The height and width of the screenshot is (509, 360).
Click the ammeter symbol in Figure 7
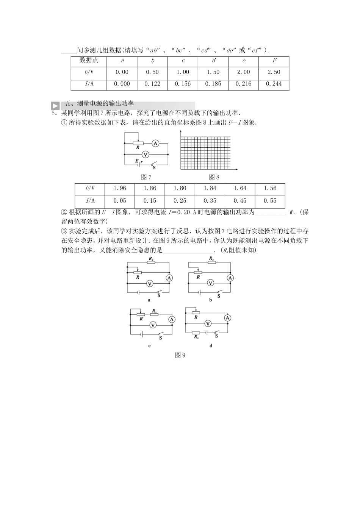(155, 143)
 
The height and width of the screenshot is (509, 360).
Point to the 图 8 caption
(214, 177)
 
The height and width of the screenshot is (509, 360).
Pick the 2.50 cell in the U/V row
(274, 72)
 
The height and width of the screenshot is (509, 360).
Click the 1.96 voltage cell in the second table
(120, 189)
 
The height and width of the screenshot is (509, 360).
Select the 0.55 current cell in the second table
(270, 201)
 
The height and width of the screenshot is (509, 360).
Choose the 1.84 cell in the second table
(210, 189)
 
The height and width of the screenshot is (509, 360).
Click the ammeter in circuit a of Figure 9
(169, 278)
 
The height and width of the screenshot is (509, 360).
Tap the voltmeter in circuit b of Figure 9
(211, 283)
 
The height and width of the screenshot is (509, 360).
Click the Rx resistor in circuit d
(196, 333)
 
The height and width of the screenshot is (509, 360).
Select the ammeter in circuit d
(227, 318)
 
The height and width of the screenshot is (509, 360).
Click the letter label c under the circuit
(149, 346)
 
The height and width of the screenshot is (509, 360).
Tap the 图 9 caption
(180, 355)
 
